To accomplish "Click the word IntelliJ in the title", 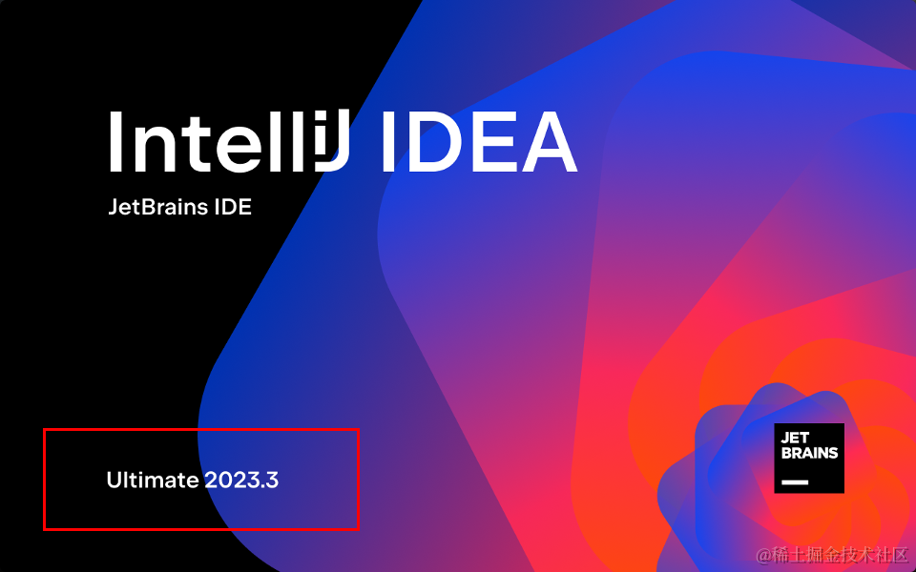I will pos(229,142).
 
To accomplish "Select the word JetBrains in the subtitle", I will pos(157,207).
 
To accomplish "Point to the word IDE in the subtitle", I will pos(233,207).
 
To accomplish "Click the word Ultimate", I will pos(153,480).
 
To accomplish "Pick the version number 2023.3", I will pos(241,480).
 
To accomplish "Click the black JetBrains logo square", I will pos(809,458).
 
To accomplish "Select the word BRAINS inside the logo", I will pos(809,453).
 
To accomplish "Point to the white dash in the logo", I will pos(794,482).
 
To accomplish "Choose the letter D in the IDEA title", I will pos(435,142).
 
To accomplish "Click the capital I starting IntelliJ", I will pos(114,142).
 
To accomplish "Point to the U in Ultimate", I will pos(114,480).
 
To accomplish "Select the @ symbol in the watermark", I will pos(763,555).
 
